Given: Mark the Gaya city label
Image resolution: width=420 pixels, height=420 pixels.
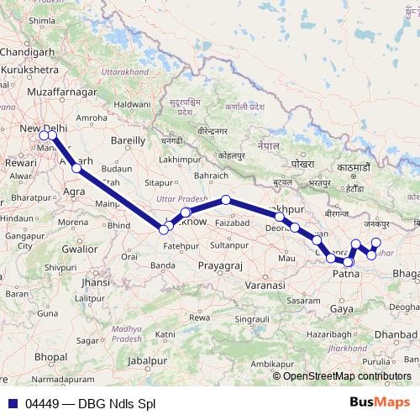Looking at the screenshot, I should tap(341, 309).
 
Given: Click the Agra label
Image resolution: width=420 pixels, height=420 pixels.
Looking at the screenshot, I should tap(76, 192).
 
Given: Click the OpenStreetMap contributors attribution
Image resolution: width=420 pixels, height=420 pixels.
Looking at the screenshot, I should tap(347, 376).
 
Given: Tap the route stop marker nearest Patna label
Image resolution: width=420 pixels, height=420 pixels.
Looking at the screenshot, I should tap(348, 263).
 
